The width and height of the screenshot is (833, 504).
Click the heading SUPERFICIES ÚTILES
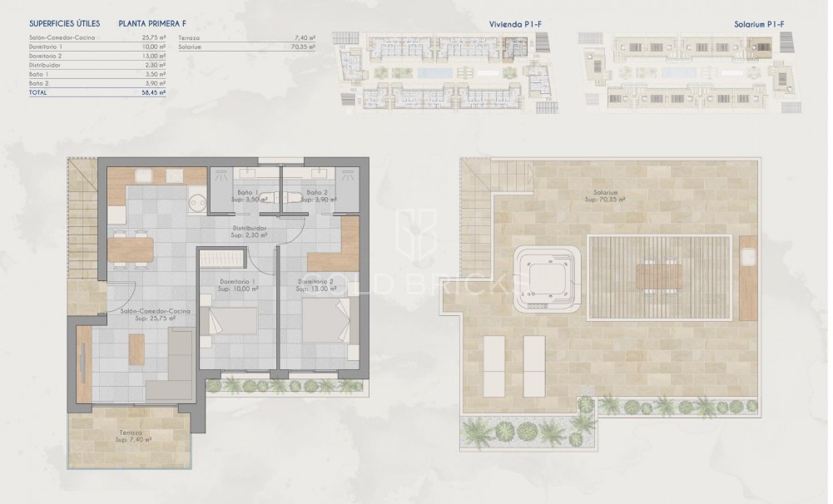point(64,24)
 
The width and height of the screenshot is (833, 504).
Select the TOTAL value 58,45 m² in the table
point(155,93)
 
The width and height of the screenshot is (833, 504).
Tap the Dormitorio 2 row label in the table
point(46,56)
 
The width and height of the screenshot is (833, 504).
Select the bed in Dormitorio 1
point(230,320)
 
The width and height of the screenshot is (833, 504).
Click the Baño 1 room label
point(246,196)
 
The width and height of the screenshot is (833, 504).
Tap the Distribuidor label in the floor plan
point(249,231)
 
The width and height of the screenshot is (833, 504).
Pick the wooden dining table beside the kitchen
point(131,249)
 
